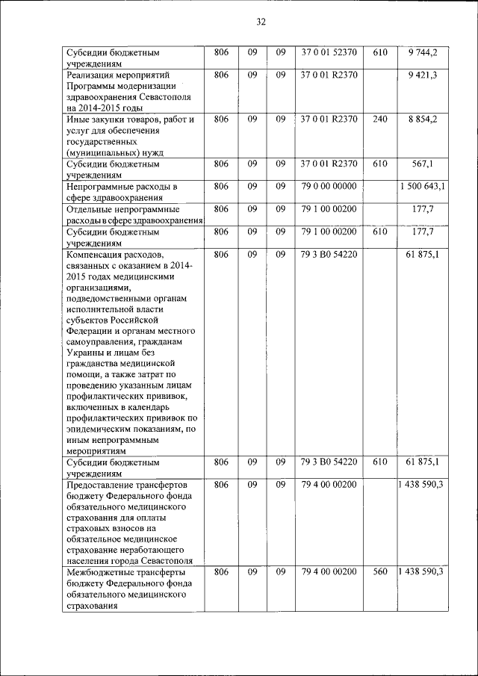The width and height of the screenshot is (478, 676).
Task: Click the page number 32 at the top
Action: (261, 22)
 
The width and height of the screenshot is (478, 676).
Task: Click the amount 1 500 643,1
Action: (423, 186)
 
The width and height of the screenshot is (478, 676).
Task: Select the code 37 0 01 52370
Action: (329, 52)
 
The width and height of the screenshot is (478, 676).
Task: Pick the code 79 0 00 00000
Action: (329, 186)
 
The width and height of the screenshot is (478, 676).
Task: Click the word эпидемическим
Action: (97, 429)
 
